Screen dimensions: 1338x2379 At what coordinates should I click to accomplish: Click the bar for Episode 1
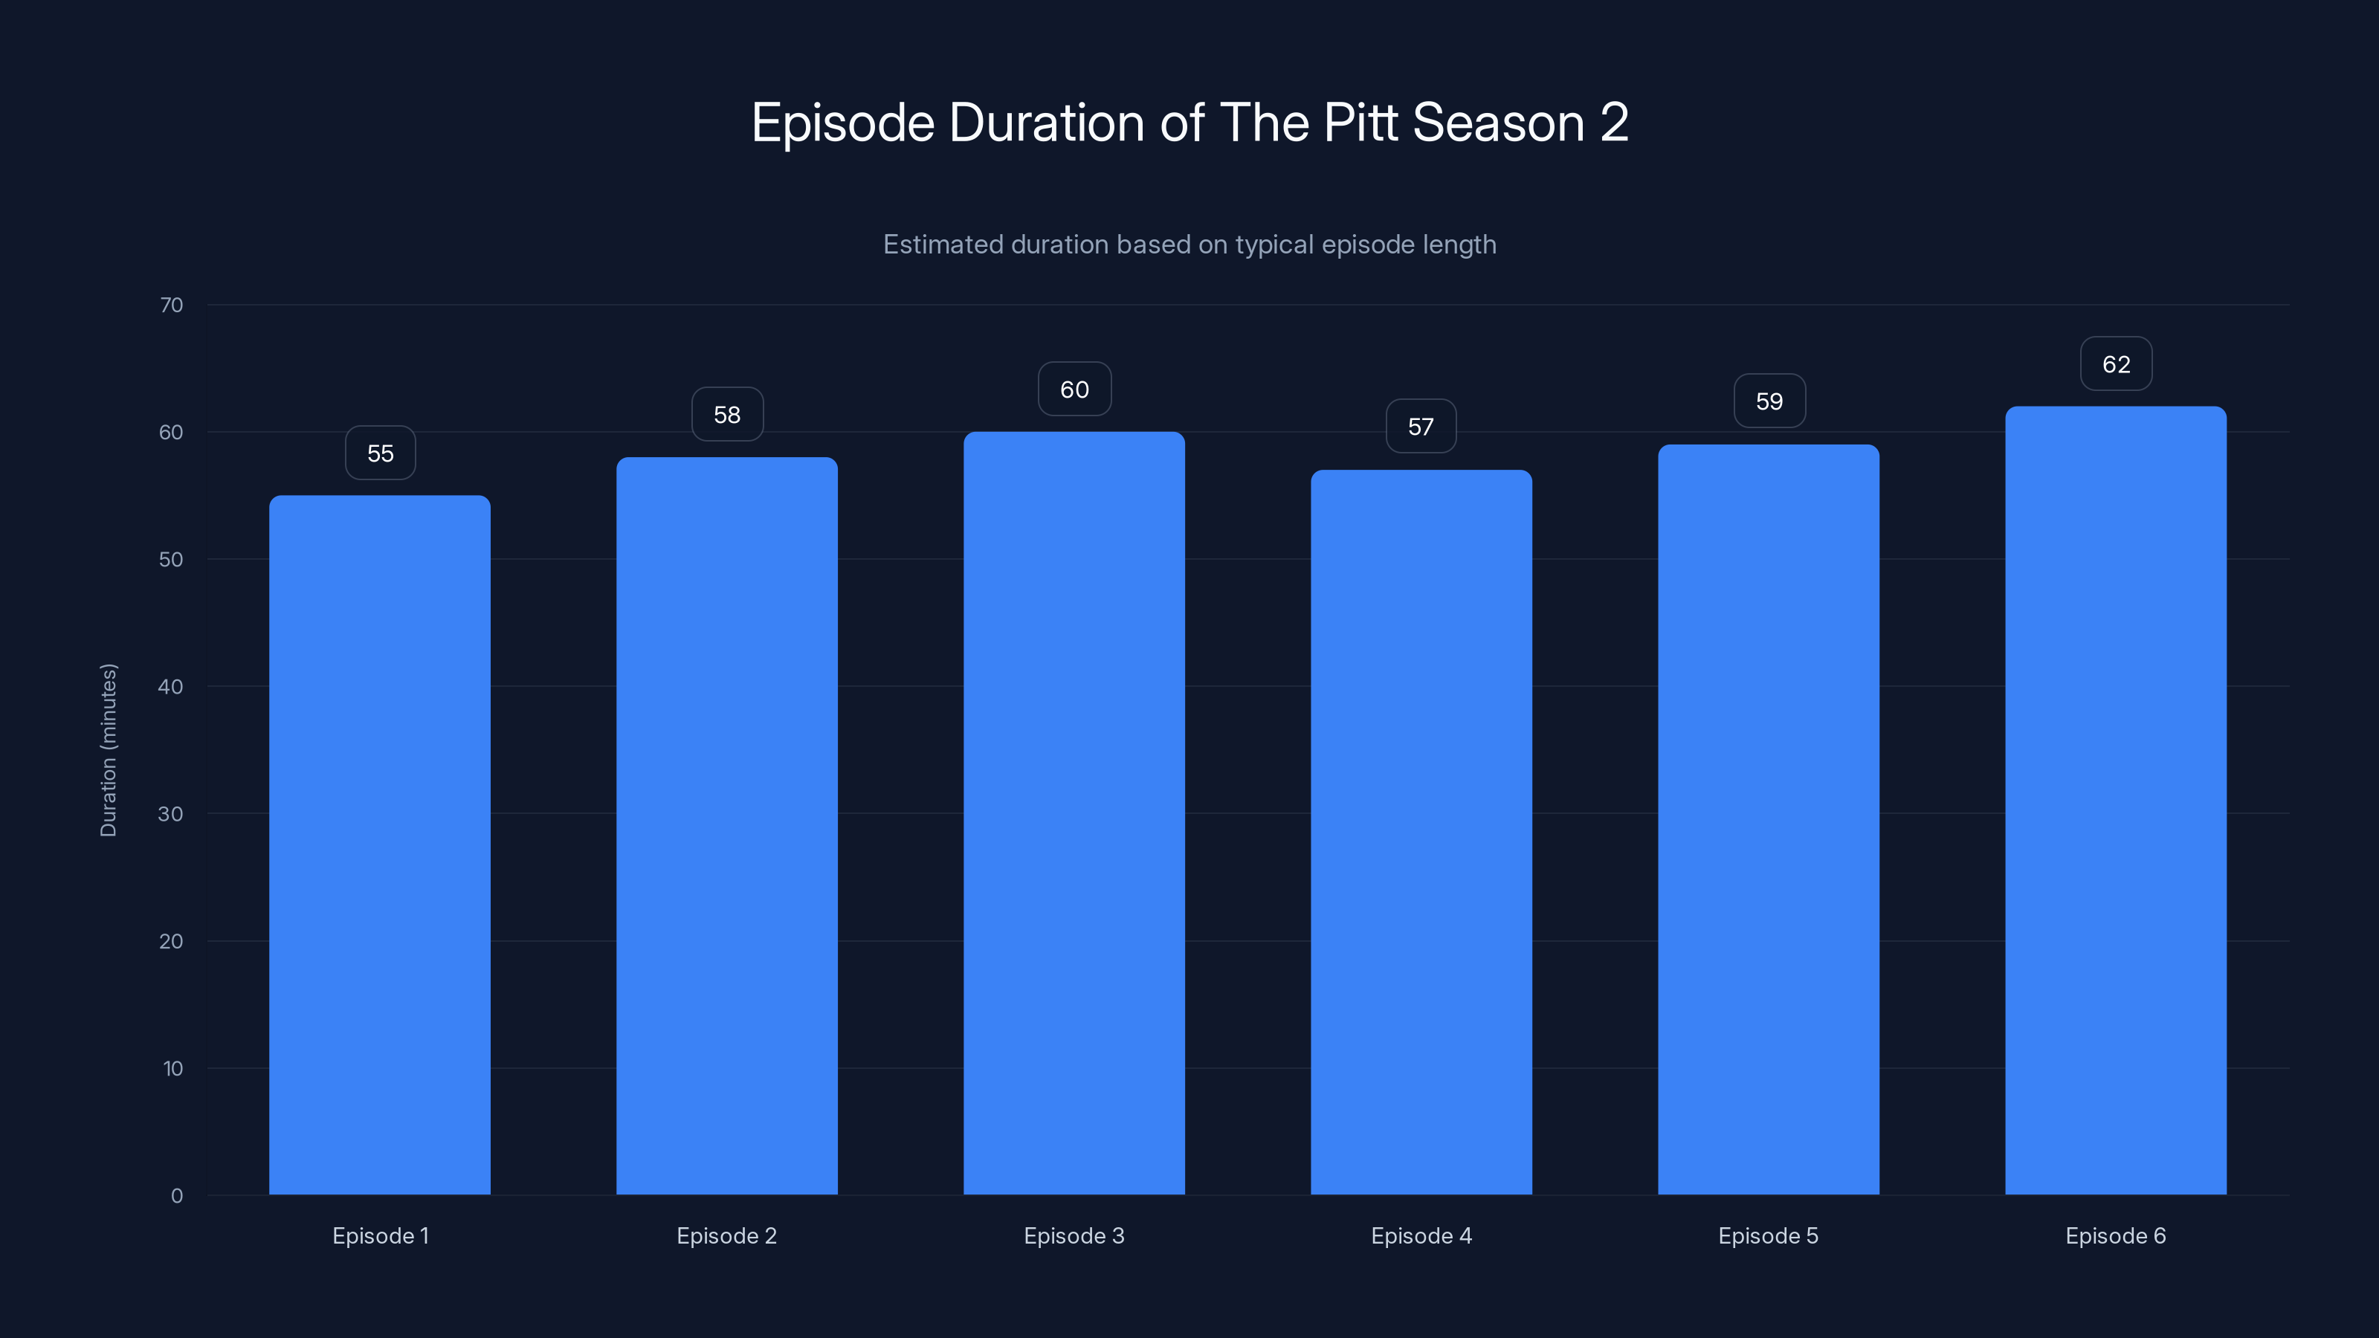(x=380, y=845)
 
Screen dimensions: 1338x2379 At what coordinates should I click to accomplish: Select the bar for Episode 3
(x=1074, y=812)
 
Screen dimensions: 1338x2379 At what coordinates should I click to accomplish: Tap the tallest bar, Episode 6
(x=2116, y=800)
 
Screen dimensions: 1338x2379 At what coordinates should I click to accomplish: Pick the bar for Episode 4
(x=1421, y=831)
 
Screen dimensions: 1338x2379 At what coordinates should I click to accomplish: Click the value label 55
(x=381, y=453)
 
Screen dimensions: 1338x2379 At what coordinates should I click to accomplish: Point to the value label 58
(x=727, y=415)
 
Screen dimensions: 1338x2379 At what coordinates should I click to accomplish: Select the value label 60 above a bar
(x=1074, y=390)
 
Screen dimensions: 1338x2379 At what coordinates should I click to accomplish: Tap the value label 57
(x=1421, y=427)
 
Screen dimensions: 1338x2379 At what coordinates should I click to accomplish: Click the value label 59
(x=1769, y=401)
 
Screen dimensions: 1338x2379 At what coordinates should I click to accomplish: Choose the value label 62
(x=2116, y=365)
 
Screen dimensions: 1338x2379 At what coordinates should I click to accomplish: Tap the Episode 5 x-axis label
(x=1768, y=1235)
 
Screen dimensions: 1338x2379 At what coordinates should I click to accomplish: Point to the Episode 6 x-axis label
(x=2115, y=1235)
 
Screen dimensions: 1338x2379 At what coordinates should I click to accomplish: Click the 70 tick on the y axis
(x=172, y=305)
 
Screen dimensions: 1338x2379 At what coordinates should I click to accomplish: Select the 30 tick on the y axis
(x=171, y=813)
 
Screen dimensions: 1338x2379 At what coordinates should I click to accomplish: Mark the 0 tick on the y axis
(x=176, y=1196)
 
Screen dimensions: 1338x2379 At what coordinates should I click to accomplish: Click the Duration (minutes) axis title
(x=108, y=750)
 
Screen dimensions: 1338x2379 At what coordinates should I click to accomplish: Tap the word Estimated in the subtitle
(x=942, y=245)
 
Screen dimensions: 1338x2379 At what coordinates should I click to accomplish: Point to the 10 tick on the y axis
(x=172, y=1068)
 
